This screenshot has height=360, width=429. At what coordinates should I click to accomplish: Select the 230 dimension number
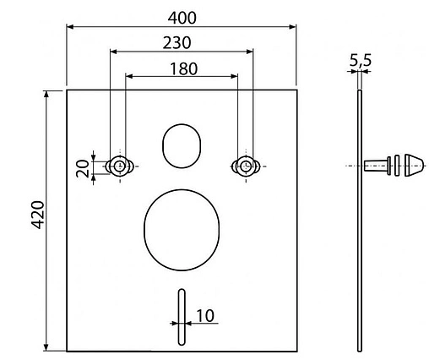click(181, 41)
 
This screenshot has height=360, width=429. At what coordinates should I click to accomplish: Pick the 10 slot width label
click(204, 316)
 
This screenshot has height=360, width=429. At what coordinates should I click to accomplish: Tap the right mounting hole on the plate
click(245, 166)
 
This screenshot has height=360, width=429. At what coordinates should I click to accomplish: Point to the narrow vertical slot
click(181, 316)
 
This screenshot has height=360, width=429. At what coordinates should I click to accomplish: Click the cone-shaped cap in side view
click(412, 166)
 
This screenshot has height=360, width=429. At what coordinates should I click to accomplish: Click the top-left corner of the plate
click(68, 90)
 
